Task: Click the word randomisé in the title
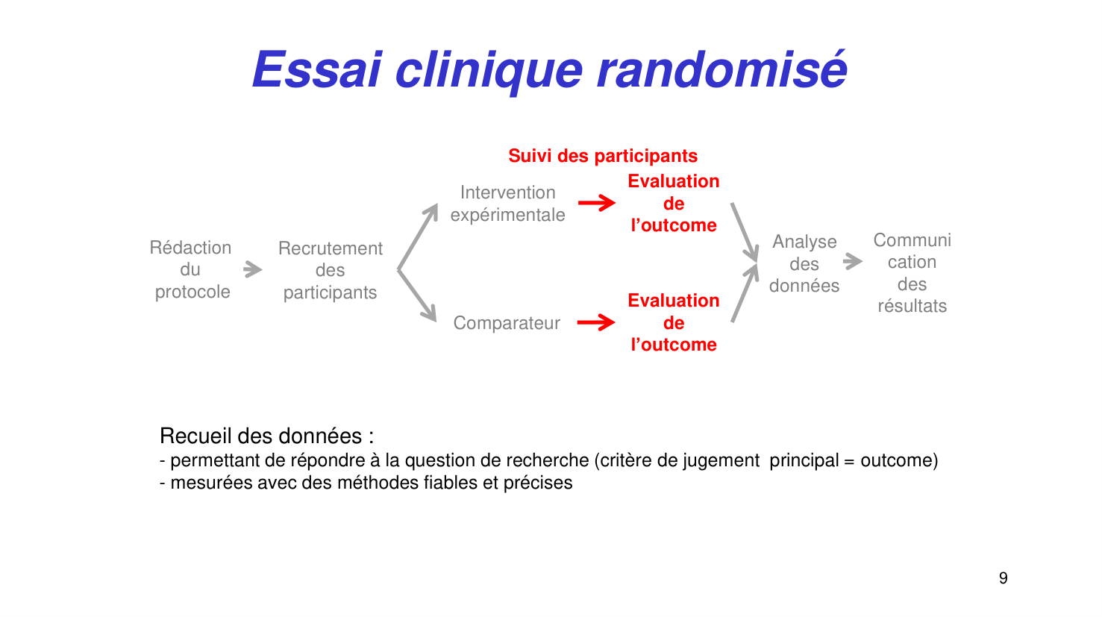pyautogui.click(x=721, y=70)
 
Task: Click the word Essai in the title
pyautogui.click(x=317, y=70)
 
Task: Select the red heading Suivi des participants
pyautogui.click(x=603, y=156)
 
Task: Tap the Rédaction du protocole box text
pyautogui.click(x=191, y=269)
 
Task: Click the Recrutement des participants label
pyautogui.click(x=330, y=270)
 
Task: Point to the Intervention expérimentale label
pyautogui.click(x=507, y=204)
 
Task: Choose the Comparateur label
pyautogui.click(x=507, y=323)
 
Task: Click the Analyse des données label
pyautogui.click(x=804, y=263)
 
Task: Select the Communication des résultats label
pyautogui.click(x=912, y=273)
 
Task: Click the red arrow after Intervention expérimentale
pyautogui.click(x=597, y=202)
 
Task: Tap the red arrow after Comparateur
pyautogui.click(x=596, y=322)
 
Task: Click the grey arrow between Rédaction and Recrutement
pyautogui.click(x=253, y=269)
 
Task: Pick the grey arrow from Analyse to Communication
pyautogui.click(x=853, y=262)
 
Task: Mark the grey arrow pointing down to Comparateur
pyautogui.click(x=418, y=295)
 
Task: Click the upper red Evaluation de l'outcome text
pyautogui.click(x=673, y=203)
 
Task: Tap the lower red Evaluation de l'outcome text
pyautogui.click(x=673, y=322)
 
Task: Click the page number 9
pyautogui.click(x=1003, y=578)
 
